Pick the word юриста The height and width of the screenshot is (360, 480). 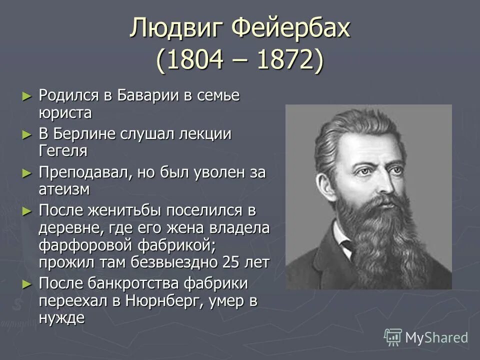coord(65,112)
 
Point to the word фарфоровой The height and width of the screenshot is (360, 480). coord(86,245)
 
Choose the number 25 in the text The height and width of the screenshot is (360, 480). coord(228,262)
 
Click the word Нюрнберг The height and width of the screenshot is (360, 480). coord(163,301)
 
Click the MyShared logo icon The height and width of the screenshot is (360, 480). coord(392,337)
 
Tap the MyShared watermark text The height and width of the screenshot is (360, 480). coord(436,337)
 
